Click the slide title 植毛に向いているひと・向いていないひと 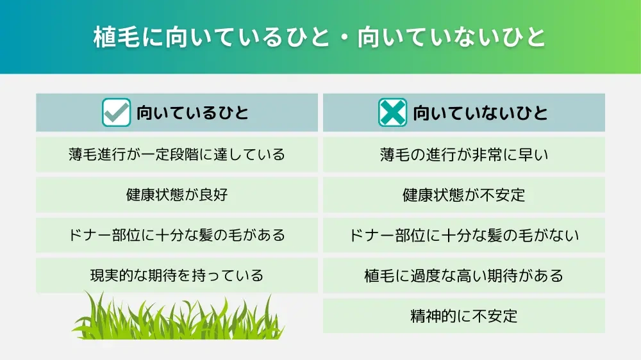click(x=320, y=37)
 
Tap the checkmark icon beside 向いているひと click(x=117, y=113)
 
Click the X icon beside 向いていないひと click(x=392, y=113)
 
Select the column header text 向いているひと click(x=192, y=113)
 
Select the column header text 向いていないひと click(x=480, y=113)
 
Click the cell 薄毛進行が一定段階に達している click(x=176, y=154)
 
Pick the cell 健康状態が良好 click(x=176, y=195)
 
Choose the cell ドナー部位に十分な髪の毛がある click(x=176, y=235)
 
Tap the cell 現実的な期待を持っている click(x=176, y=275)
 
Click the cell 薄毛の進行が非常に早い click(x=463, y=154)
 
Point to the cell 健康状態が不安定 click(x=463, y=195)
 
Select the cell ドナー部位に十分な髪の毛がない click(x=463, y=235)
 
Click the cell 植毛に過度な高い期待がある click(x=463, y=275)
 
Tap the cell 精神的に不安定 click(x=463, y=316)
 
